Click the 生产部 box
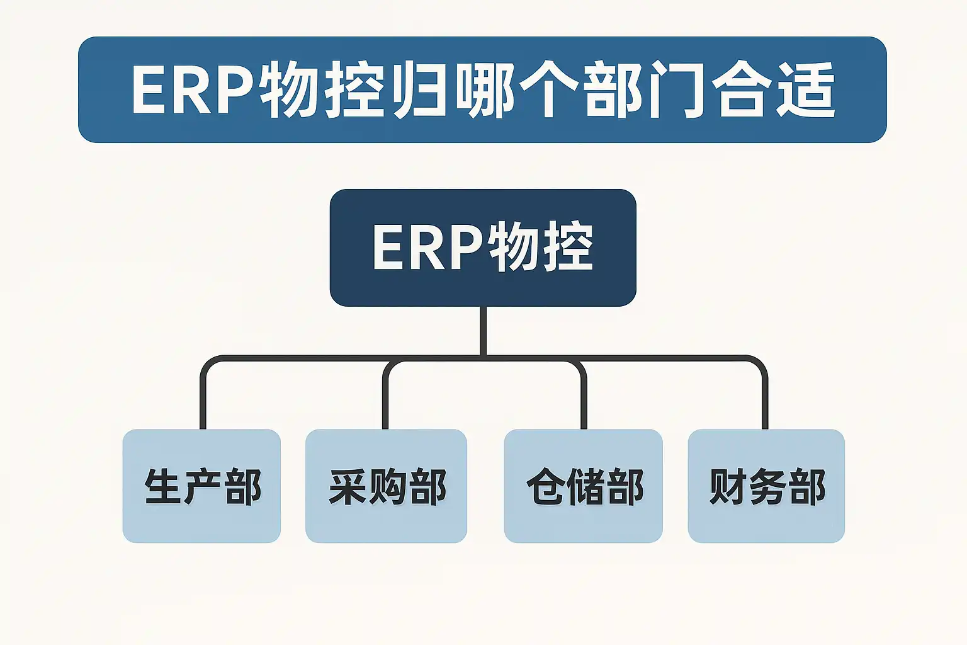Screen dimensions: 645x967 201,486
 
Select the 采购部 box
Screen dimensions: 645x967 386,486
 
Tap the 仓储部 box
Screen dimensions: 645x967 583,486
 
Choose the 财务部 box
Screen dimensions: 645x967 766,486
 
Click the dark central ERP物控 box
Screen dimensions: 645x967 483,248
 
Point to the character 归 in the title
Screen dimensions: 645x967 419,90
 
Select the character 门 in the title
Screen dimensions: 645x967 679,90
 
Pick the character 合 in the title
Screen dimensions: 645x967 743,90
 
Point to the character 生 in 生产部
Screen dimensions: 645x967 163,486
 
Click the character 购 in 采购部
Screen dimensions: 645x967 388,486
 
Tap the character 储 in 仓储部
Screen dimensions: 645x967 585,486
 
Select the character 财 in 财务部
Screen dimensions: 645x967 728,486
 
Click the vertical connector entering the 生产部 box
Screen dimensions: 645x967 203,403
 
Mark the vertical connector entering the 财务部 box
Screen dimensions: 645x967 765,403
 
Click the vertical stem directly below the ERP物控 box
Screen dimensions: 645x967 483,331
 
